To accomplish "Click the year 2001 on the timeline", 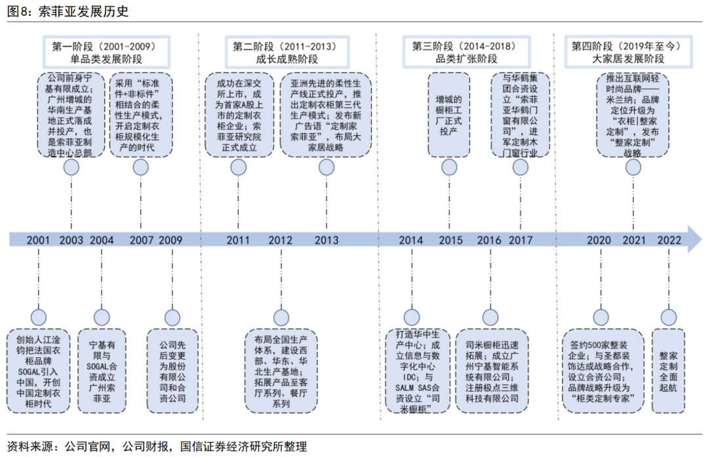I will pos(39,239).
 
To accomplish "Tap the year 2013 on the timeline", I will pos(326,239).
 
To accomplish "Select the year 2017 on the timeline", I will pos(521,239).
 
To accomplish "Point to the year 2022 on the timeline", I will pos(669,239).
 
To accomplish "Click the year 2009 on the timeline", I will pos(171,239).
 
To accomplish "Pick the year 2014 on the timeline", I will pos(411,239).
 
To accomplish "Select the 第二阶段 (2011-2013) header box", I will pos(285,52).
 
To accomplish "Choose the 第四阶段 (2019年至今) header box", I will pos(627,52).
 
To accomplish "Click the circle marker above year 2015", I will pos(449,167).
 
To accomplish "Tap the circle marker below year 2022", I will pos(669,317).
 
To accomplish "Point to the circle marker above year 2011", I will pos(239,167).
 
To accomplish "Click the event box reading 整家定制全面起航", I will pos(669,370).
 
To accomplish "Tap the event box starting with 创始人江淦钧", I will pos(38,370).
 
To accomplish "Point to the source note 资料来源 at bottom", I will pos(157,446).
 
